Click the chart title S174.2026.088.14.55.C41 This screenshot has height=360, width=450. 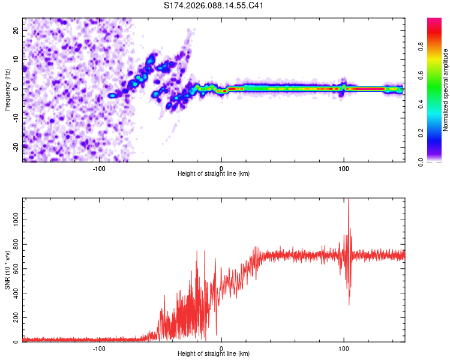[214, 6]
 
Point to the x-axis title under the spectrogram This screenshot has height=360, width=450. [214, 173]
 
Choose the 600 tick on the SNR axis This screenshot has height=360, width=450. [15, 269]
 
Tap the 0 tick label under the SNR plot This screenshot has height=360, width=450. [221, 348]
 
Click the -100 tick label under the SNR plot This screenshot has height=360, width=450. [99, 348]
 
